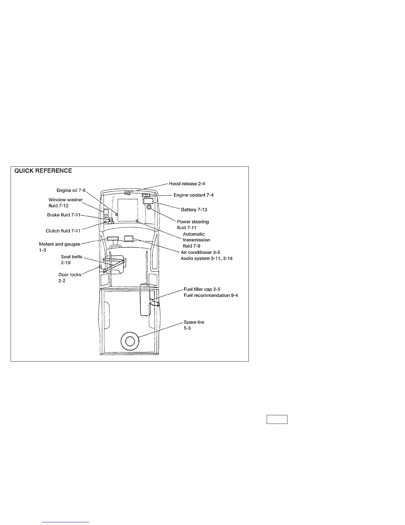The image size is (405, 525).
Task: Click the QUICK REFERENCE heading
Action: coord(43,171)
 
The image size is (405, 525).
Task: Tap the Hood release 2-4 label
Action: coord(187,184)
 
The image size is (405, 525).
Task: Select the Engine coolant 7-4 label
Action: coord(194,195)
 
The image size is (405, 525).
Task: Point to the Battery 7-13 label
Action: coord(194,210)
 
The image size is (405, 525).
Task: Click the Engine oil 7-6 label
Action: coord(71,191)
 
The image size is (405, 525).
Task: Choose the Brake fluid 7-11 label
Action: coord(64,215)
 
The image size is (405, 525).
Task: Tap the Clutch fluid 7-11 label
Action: coord(63,231)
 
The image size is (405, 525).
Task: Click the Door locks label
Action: coord(69,275)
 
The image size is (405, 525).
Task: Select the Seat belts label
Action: coord(71,257)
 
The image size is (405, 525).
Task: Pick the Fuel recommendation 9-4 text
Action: coord(211,295)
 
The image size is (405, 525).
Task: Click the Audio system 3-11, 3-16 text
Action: coord(206,259)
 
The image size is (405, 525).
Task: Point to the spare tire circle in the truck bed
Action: coord(130,340)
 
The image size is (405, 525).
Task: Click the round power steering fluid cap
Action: coord(149,207)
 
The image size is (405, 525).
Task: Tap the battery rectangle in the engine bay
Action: coord(148,201)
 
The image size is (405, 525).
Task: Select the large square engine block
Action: coord(128,210)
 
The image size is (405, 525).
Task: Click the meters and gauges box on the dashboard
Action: coord(113,238)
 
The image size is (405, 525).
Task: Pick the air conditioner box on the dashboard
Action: coord(128,238)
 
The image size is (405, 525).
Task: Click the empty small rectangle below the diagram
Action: coord(277,420)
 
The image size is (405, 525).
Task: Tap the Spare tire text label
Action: coord(194,322)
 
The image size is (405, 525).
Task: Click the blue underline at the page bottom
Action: coord(66,522)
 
